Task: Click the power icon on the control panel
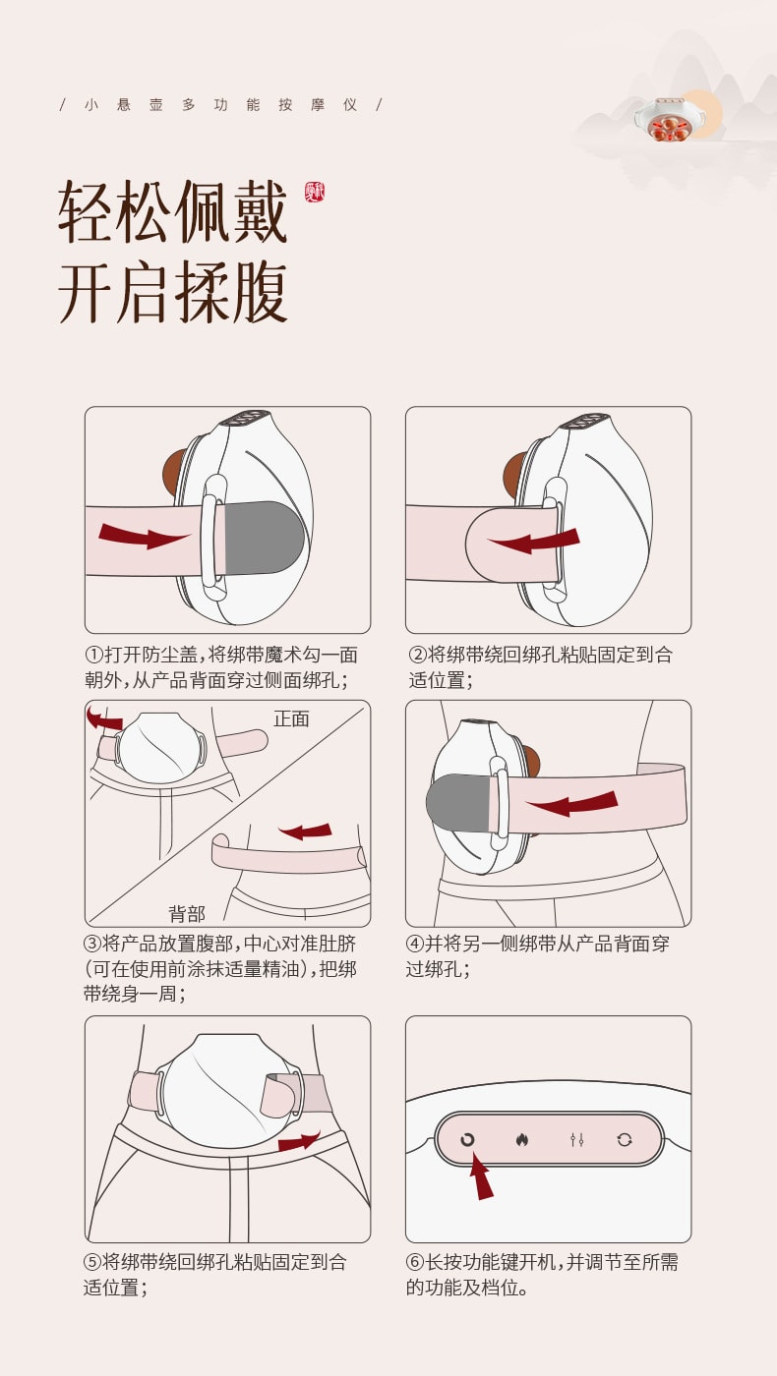(x=467, y=1140)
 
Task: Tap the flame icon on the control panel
(x=521, y=1140)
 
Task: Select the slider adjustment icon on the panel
(x=577, y=1140)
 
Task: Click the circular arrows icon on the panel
(x=625, y=1140)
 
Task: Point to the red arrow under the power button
(x=480, y=1175)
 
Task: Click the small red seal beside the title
(x=315, y=192)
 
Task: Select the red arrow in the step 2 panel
(x=536, y=540)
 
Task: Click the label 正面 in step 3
(x=291, y=718)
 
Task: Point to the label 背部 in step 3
(x=187, y=914)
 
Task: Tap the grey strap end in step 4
(x=457, y=799)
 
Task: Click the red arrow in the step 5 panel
(x=299, y=1141)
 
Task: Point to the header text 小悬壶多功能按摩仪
(x=220, y=104)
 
